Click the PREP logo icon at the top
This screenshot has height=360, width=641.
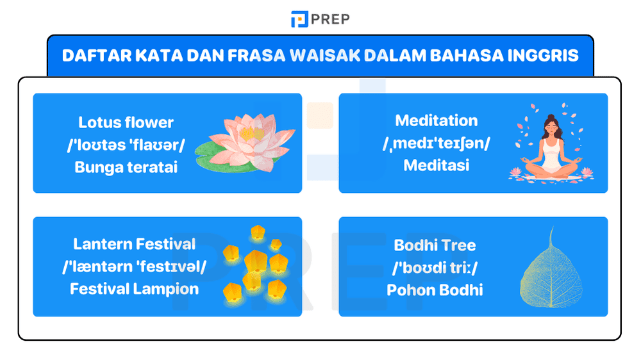(x=299, y=19)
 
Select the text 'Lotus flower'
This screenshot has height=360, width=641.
(x=126, y=122)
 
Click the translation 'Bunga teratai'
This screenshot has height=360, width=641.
(x=126, y=167)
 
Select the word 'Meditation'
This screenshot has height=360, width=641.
(x=436, y=120)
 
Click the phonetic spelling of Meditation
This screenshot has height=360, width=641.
(x=436, y=143)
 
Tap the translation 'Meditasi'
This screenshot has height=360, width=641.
(x=436, y=165)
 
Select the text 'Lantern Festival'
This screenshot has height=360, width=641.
(x=134, y=244)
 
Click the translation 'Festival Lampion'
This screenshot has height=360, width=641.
(x=134, y=288)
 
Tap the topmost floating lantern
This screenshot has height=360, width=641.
(x=257, y=231)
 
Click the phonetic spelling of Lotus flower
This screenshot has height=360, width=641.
(x=126, y=145)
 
